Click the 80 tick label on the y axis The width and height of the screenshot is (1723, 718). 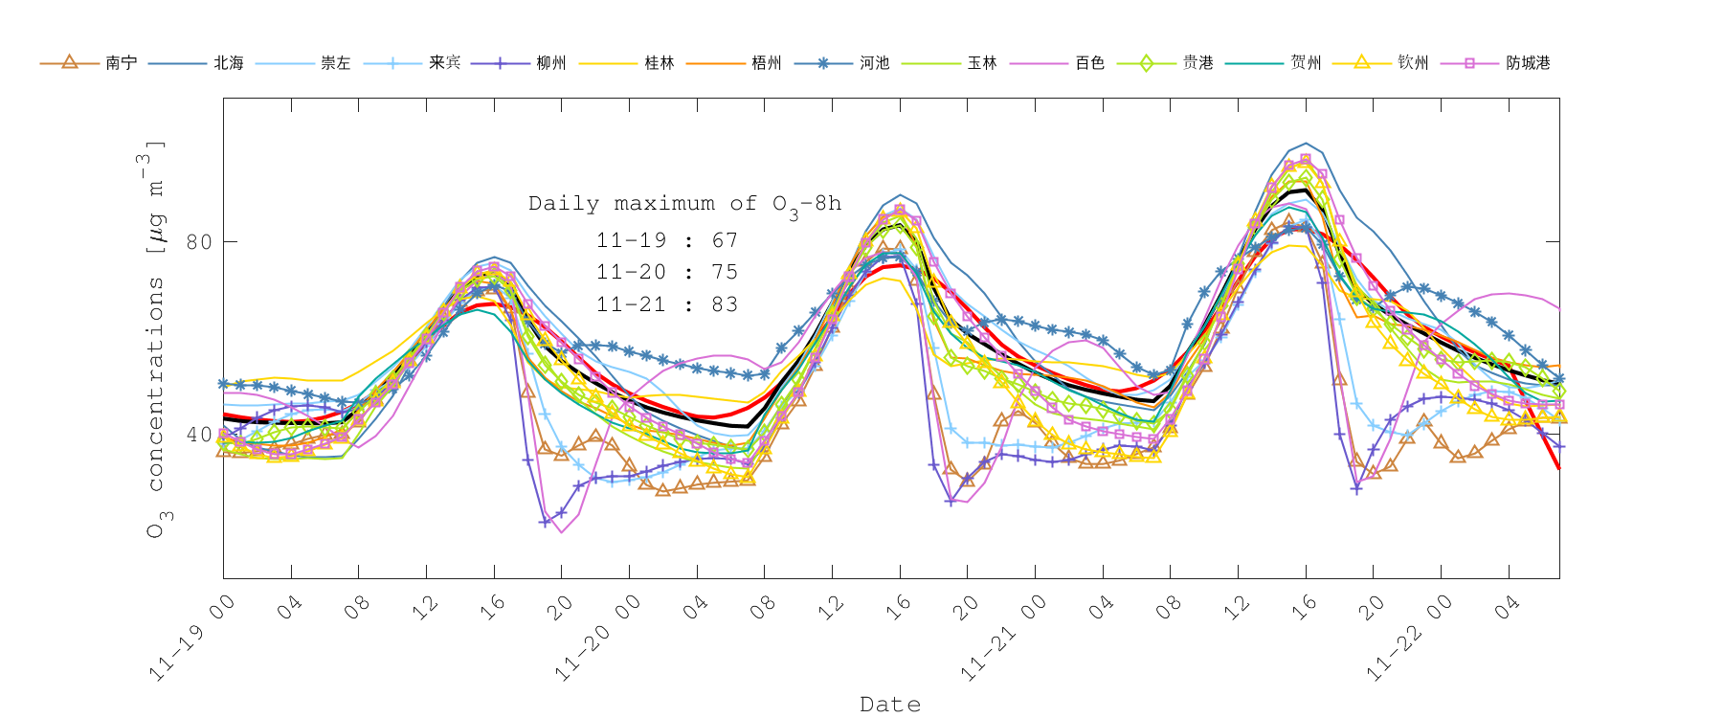pos(199,241)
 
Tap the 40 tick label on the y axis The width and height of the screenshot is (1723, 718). pos(199,434)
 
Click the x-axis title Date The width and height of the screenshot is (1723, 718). pos(890,704)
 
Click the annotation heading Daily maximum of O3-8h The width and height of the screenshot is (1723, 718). pos(684,204)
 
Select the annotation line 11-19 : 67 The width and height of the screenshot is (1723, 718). pos(667,240)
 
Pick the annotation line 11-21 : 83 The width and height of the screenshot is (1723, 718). pos(667,304)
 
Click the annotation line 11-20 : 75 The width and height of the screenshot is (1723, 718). pos(667,272)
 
